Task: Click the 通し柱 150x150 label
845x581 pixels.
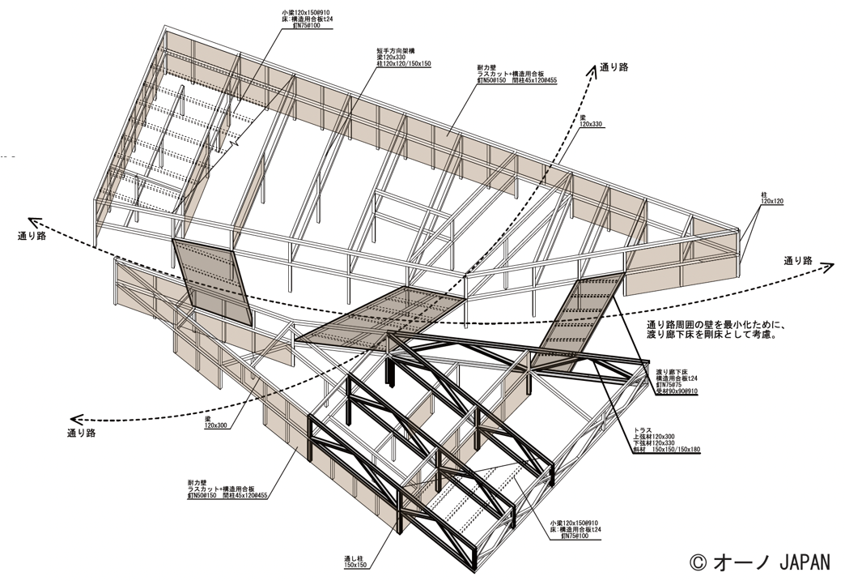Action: pyautogui.click(x=355, y=562)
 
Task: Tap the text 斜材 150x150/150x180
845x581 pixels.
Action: pyautogui.click(x=666, y=451)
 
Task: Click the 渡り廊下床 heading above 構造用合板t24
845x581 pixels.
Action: pyautogui.click(x=671, y=371)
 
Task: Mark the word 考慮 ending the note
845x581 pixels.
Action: pyautogui.click(x=761, y=335)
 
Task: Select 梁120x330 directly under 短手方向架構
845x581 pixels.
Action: pyautogui.click(x=391, y=57)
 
